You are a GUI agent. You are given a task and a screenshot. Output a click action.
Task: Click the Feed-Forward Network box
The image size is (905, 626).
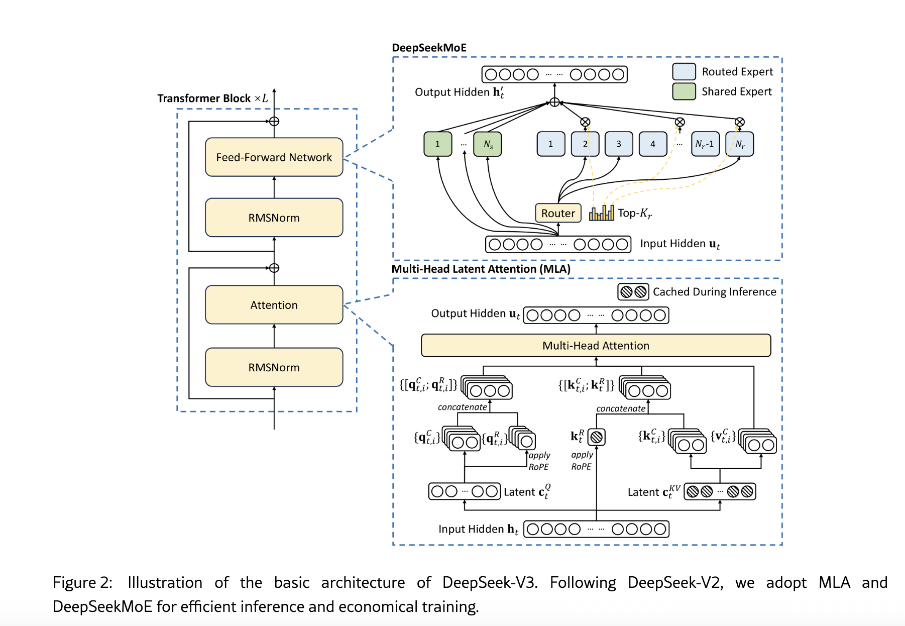coord(274,157)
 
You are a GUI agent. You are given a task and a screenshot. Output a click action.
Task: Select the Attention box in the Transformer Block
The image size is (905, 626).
coord(274,305)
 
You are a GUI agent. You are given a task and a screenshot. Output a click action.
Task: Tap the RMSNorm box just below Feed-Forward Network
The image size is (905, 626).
coord(274,218)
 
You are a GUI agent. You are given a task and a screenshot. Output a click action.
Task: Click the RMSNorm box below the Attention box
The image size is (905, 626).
coord(274,367)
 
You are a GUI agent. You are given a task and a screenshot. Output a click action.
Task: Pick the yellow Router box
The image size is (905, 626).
coord(558,213)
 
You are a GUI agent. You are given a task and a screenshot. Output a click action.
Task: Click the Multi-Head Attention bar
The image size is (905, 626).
coord(596,346)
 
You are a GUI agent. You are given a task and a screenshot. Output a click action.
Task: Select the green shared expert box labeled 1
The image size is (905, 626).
coord(437,144)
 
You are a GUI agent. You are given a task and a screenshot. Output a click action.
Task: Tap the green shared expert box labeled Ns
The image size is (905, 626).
coord(488,144)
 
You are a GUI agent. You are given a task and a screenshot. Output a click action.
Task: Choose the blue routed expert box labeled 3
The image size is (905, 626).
coord(619,144)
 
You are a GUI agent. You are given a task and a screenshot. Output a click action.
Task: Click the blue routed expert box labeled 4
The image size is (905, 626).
coord(653,144)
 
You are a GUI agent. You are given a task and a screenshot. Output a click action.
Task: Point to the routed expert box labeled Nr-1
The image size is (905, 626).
coord(705,144)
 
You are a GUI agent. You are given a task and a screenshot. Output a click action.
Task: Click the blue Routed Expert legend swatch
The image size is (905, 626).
coord(684,72)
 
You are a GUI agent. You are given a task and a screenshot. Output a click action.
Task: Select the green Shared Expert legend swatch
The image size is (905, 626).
coord(684,91)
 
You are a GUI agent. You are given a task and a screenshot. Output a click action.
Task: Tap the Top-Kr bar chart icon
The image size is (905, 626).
coord(602,214)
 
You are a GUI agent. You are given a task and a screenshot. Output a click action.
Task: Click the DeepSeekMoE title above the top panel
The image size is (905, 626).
coord(429,48)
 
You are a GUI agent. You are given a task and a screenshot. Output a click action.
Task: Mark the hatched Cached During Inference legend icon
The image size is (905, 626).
coord(633,292)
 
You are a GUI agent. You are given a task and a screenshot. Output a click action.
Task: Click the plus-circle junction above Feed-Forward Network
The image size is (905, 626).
coord(274,122)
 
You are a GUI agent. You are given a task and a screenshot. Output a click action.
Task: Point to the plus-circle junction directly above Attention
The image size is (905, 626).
coord(274,268)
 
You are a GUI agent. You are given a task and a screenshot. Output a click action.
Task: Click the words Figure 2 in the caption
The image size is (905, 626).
coord(82,582)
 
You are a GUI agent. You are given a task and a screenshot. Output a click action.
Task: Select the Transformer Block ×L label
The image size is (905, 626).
coord(212,98)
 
